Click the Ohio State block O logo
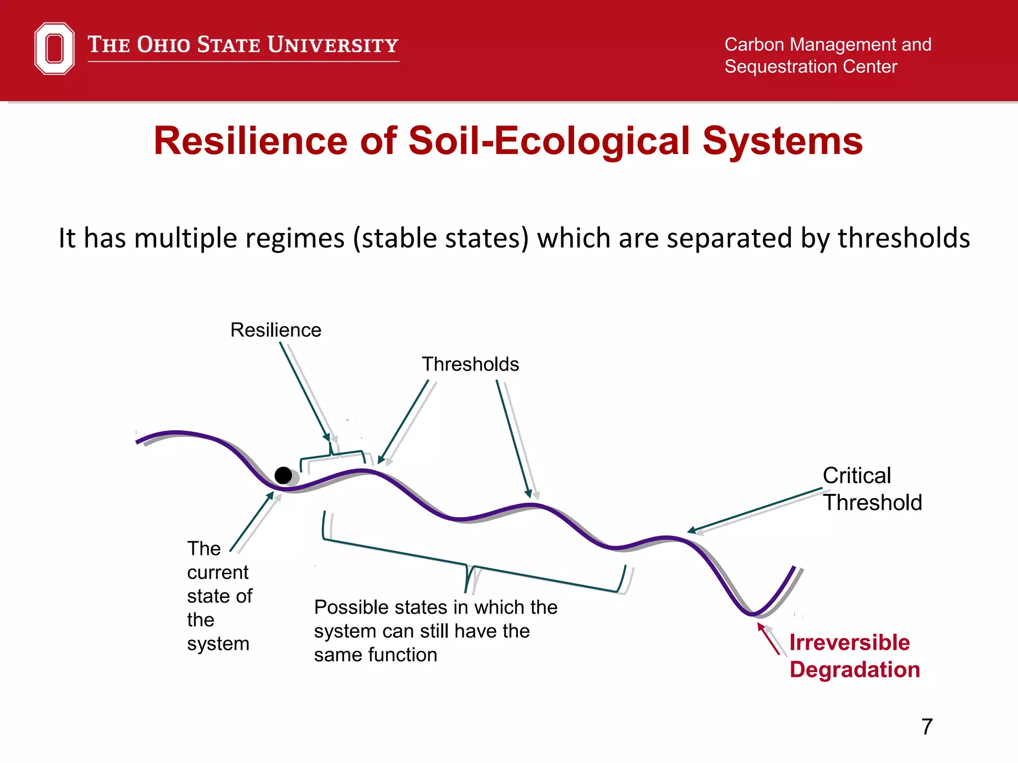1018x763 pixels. click(x=54, y=48)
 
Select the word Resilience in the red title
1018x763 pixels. click(x=250, y=141)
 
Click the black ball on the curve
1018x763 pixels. click(x=283, y=475)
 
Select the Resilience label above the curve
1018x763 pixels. click(x=275, y=330)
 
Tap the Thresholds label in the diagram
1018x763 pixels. click(x=470, y=364)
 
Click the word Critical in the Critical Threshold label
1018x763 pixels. click(x=856, y=476)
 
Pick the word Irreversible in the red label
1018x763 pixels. click(x=849, y=642)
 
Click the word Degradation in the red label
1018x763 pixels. click(x=854, y=670)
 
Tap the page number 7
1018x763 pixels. click(x=927, y=727)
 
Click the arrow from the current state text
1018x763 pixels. click(x=252, y=522)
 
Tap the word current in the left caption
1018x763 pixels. click(x=217, y=573)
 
